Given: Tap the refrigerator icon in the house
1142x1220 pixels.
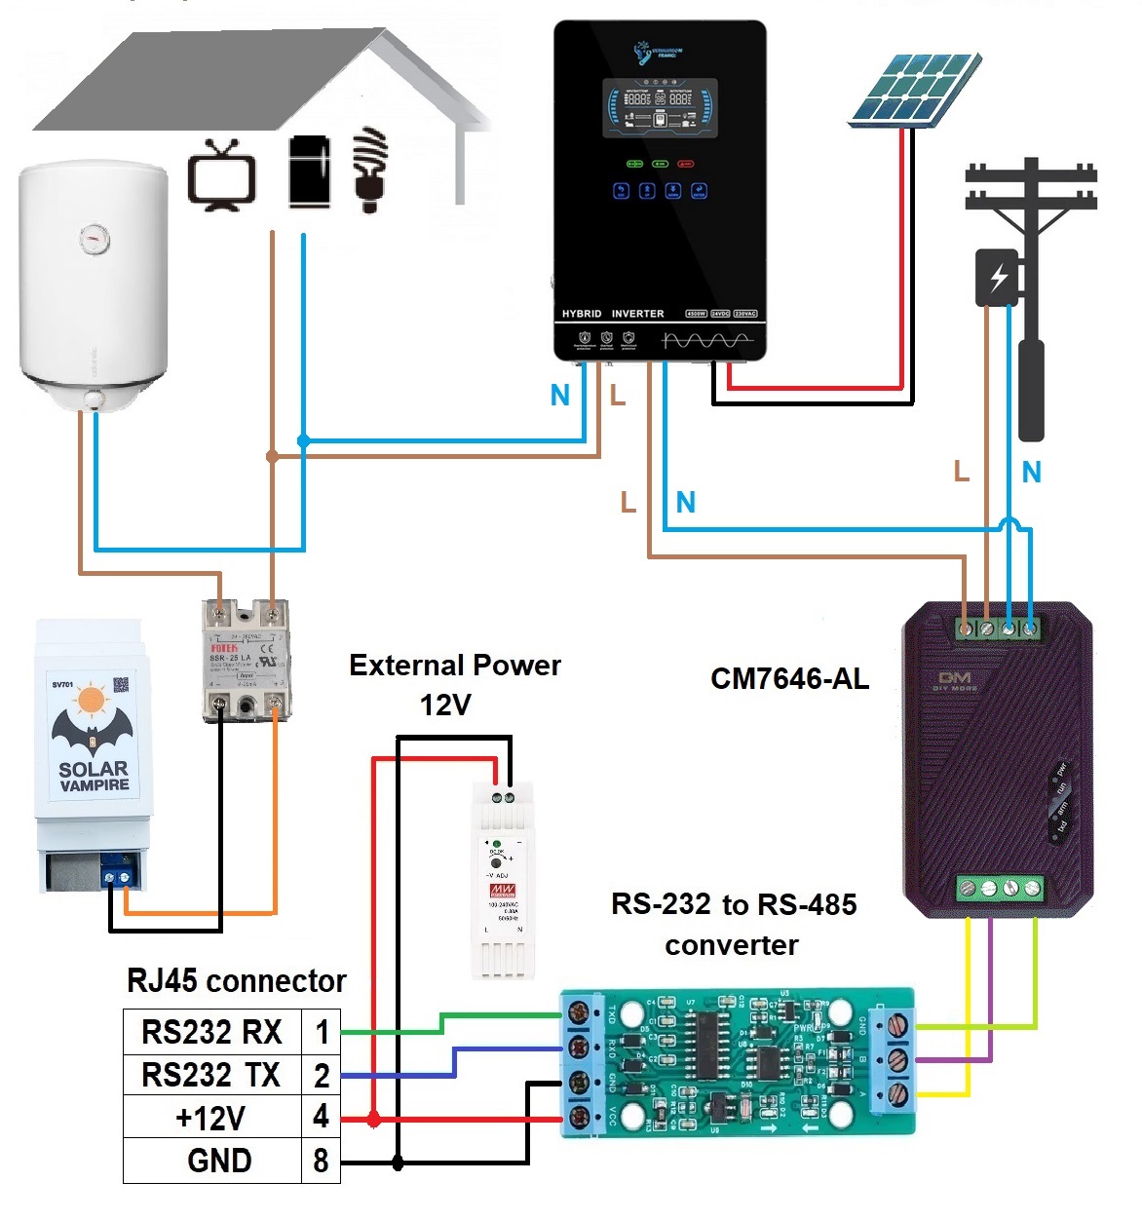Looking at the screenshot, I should (309, 172).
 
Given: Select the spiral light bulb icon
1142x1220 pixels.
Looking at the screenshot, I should (370, 168).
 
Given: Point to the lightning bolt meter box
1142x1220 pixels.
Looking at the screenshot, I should (997, 278).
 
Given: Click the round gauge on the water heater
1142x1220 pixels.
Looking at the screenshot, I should (95, 237).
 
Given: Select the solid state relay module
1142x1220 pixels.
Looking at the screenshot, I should (246, 661).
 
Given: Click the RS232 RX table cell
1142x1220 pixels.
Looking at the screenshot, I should (211, 1031).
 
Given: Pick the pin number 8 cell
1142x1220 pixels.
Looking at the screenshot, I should (321, 1161).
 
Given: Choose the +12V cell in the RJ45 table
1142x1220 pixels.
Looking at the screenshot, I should (211, 1118).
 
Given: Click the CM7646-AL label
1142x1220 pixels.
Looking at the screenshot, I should (789, 679).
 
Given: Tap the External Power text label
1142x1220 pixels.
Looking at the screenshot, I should (455, 666).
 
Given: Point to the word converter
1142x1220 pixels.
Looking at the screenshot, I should (732, 945).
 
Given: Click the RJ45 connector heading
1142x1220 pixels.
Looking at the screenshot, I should (237, 980).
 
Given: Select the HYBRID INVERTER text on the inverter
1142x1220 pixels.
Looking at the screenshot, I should (613, 314).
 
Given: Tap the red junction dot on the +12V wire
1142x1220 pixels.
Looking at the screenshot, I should (374, 1120).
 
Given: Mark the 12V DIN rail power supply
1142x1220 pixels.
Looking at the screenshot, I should (503, 877).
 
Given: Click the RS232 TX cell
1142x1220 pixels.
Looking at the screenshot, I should (211, 1075).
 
